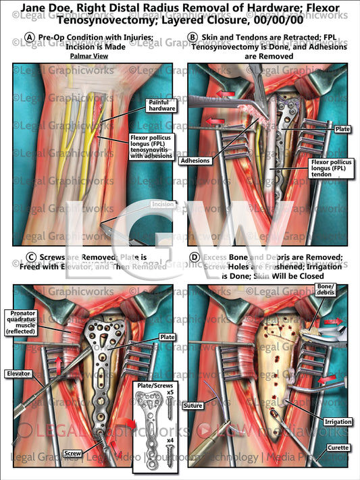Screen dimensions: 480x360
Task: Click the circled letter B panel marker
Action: tap(193, 36)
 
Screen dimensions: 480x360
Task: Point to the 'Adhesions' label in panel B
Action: tap(196, 161)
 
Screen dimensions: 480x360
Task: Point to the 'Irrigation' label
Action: tap(338, 422)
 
